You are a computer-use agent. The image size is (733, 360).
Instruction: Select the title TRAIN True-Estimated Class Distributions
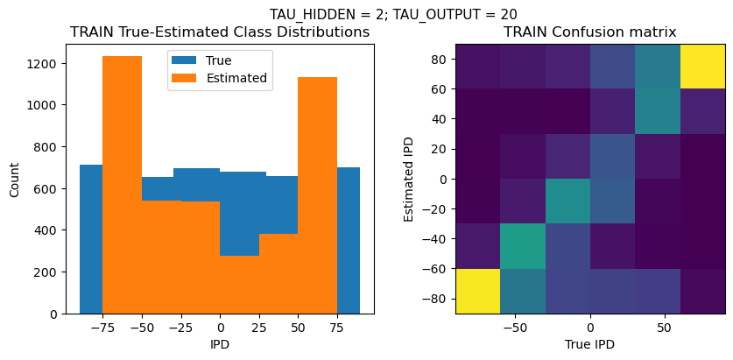pyautogui.click(x=220, y=32)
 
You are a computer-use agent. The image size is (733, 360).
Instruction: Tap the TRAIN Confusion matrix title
pyautogui.click(x=589, y=32)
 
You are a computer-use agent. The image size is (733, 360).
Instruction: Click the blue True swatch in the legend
pyautogui.click(x=186, y=61)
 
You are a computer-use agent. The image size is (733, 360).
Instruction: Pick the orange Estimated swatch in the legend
pyautogui.click(x=186, y=78)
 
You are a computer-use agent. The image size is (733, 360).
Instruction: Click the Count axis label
pyautogui.click(x=14, y=179)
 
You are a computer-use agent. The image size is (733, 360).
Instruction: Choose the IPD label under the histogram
pyautogui.click(x=220, y=345)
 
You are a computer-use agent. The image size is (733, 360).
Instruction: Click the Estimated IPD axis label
pyautogui.click(x=410, y=179)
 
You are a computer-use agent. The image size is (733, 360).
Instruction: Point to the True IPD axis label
pyautogui.click(x=589, y=345)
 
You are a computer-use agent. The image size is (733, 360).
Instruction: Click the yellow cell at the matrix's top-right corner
pyautogui.click(x=703, y=66)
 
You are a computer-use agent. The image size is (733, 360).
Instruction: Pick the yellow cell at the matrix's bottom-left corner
pyautogui.click(x=477, y=291)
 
